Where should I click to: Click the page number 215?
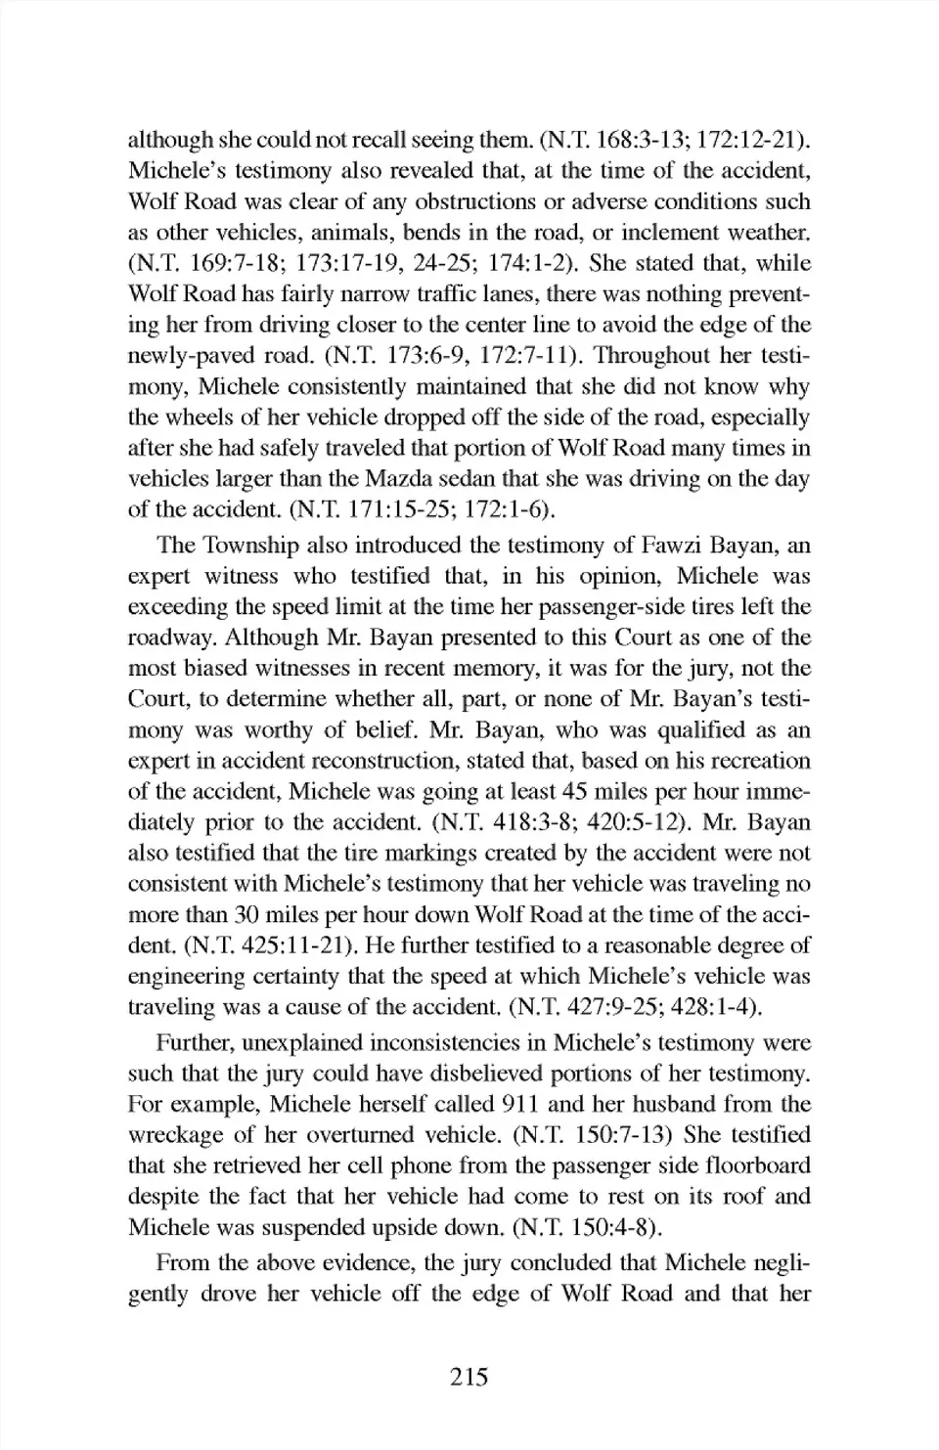pos(469,1378)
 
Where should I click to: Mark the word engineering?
pos(187,977)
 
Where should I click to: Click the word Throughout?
pos(652,356)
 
